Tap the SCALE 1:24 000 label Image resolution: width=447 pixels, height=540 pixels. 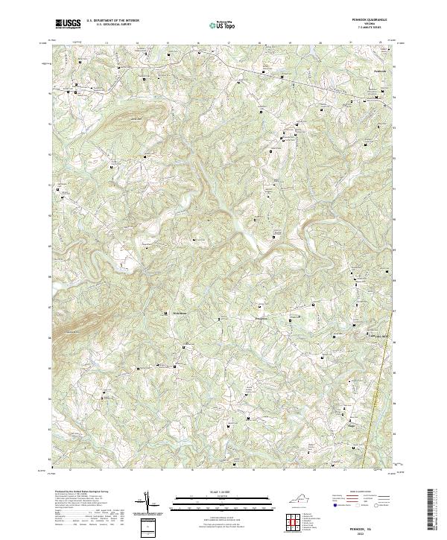point(223,492)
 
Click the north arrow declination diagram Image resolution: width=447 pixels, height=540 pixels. point(149,503)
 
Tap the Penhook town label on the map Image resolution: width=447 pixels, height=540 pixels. point(379,71)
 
